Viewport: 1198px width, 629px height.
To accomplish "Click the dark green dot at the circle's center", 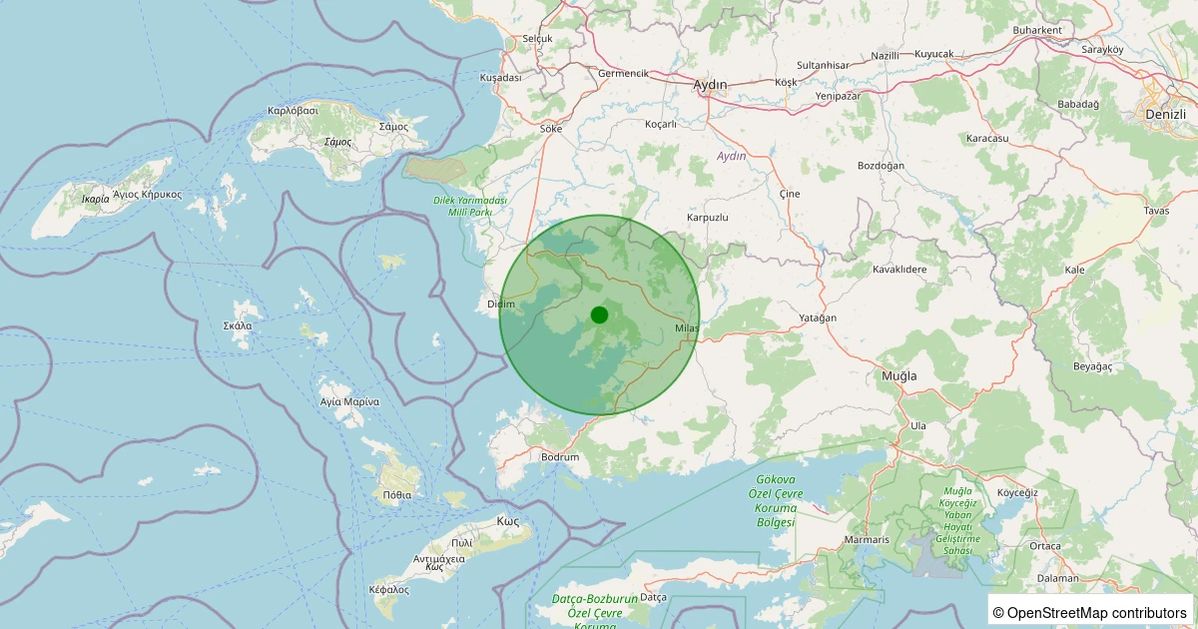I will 599,314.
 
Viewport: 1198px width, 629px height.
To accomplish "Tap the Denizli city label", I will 1165,115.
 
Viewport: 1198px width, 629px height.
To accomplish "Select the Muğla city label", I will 898,375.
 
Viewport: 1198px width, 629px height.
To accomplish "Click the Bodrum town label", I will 559,457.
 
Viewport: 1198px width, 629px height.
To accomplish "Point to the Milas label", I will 687,328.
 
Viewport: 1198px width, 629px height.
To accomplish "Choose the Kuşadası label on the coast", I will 501,78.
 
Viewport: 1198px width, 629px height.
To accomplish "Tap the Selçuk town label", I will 537,39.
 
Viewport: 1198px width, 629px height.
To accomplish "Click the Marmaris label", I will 867,540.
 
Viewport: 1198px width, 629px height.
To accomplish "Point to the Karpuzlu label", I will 708,218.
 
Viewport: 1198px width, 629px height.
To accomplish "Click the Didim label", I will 500,304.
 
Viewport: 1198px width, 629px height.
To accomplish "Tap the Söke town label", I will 551,129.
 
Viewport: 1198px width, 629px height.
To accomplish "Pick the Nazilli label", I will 886,56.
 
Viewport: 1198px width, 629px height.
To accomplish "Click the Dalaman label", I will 1057,578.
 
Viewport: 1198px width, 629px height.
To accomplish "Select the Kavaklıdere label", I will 899,270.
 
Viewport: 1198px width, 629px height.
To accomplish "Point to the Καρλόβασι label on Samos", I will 293,110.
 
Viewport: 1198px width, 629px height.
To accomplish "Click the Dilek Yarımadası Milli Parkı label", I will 469,207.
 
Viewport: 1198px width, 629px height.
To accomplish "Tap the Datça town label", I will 652,597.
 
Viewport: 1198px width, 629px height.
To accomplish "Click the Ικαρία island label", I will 96,199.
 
